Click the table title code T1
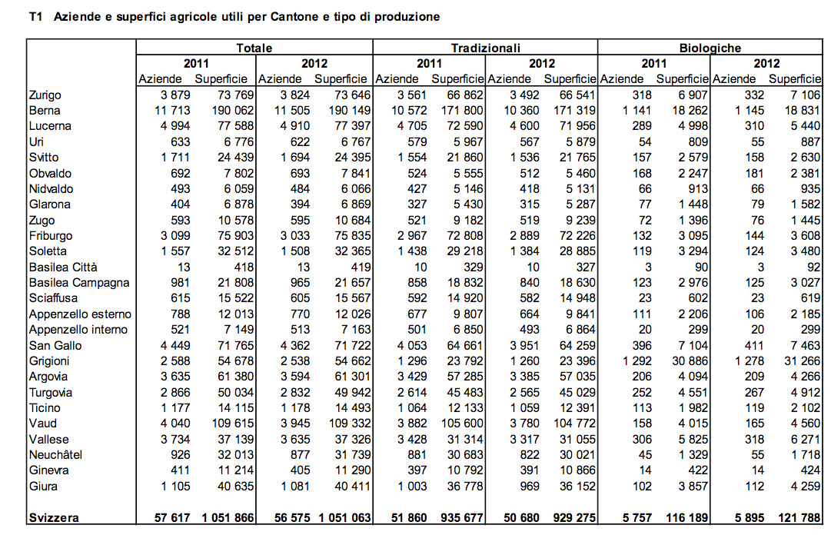point(35,16)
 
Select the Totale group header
point(254,48)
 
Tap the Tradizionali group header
point(485,48)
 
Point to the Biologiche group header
point(710,48)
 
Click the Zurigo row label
point(45,95)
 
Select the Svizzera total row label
point(55,518)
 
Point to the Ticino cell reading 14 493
point(352,408)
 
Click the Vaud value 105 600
point(459,424)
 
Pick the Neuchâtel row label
point(55,455)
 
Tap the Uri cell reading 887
point(811,142)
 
